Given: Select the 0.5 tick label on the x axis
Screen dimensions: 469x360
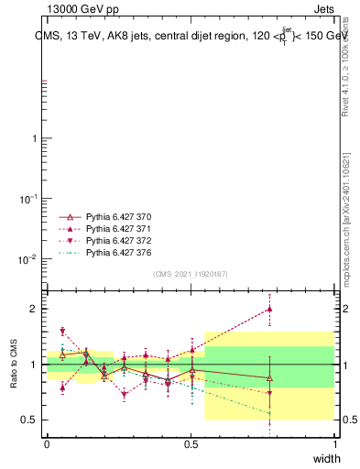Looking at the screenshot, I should tap(191, 442).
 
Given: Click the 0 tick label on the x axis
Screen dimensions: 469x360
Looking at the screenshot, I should tap(47, 442).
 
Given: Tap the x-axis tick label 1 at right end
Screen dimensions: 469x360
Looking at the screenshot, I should tap(334, 442).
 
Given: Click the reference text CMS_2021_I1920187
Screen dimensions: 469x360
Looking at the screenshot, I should tap(190, 274).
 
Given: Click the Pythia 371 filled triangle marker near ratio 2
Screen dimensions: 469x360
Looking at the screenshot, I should tap(268, 309).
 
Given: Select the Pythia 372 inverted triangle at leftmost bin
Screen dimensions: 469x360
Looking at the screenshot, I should tap(62, 332).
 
